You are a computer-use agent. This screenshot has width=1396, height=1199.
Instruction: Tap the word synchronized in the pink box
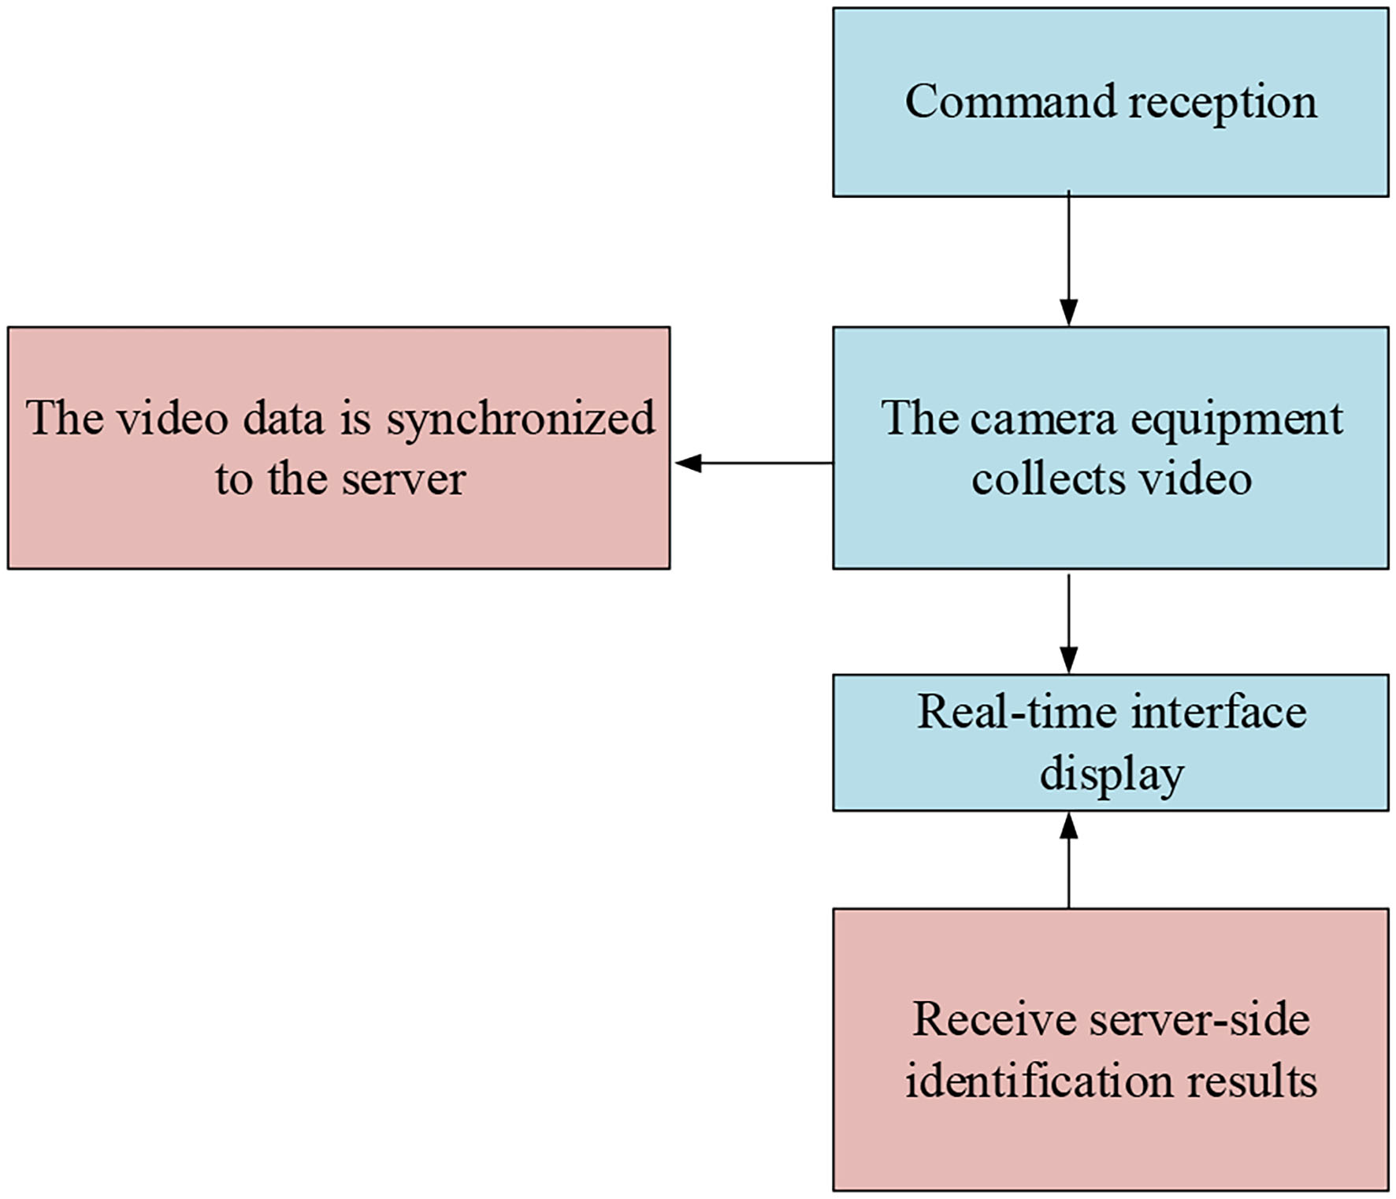(521, 419)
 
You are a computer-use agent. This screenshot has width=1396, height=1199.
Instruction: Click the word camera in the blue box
(1043, 419)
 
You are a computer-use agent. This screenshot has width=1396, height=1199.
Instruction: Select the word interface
(1219, 712)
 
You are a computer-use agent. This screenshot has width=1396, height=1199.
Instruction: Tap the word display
(1112, 775)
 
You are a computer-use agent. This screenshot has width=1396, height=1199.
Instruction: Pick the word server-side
(1199, 1019)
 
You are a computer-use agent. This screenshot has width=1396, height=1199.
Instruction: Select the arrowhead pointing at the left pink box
(688, 464)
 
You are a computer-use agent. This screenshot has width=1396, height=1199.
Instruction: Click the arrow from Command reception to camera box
(1068, 260)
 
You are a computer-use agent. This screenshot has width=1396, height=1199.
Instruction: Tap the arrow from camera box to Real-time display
(1068, 623)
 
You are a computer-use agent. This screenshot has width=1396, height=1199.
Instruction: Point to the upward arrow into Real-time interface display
(1068, 859)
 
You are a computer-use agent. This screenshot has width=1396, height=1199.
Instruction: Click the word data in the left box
(284, 419)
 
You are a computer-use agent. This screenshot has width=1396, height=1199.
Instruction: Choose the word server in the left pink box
(403, 479)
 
